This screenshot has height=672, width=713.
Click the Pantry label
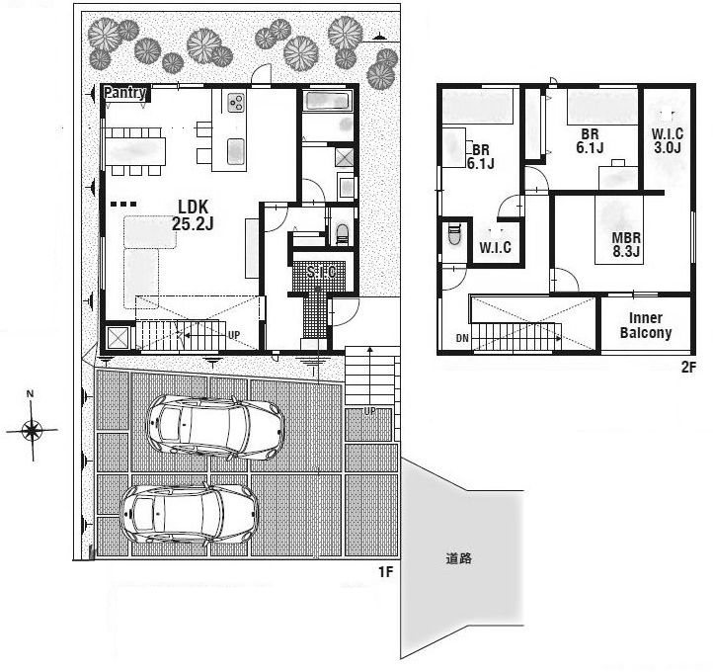125,92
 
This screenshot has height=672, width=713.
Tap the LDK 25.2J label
193,214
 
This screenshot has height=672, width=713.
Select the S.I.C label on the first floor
321,272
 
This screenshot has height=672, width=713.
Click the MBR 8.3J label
626,244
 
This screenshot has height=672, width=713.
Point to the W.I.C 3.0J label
667,140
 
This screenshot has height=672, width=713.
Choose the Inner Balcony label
646,325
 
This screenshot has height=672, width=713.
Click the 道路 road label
459,558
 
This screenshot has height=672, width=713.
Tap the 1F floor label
385,571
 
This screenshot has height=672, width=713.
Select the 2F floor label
688,367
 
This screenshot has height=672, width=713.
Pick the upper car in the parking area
215,426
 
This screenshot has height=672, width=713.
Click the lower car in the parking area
189,514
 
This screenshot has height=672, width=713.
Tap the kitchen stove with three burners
236,103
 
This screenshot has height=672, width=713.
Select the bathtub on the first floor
327,101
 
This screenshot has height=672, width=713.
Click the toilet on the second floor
454,233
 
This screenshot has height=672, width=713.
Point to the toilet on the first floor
342,232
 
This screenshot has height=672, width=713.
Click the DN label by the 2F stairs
462,339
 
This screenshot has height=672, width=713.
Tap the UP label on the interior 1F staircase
234,335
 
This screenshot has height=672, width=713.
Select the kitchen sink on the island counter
236,150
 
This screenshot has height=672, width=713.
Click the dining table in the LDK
135,151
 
